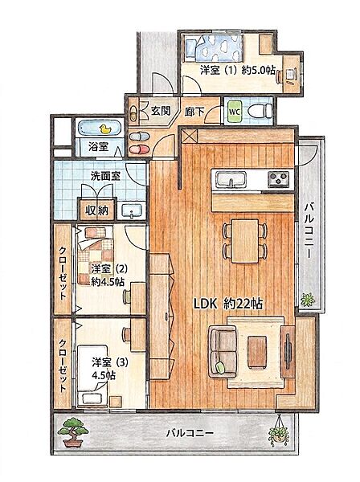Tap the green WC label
(x=235, y=111)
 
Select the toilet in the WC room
(x=260, y=111)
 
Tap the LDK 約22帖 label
(x=227, y=304)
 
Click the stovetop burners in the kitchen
(x=279, y=178)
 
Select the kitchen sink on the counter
(x=231, y=179)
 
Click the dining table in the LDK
(x=245, y=241)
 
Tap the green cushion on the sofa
(x=220, y=367)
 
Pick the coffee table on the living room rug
(x=257, y=352)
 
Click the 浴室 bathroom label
(x=98, y=147)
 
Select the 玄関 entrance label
(x=160, y=110)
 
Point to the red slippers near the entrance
(x=139, y=149)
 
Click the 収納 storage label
(x=97, y=210)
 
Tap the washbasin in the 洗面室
(x=133, y=210)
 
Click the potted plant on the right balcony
(x=307, y=299)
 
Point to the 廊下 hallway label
(x=194, y=112)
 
